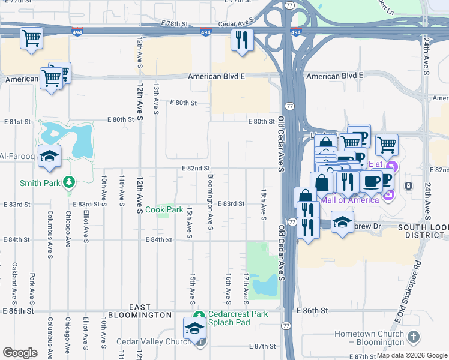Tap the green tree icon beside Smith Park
(70, 181)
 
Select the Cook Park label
(164, 210)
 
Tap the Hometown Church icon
(412, 338)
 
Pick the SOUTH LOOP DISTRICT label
(421, 232)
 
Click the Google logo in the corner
(20, 353)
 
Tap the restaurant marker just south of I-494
(241, 40)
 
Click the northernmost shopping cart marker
(31, 38)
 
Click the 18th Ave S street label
(263, 204)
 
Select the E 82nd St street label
(196, 169)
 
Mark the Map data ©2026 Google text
(412, 355)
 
